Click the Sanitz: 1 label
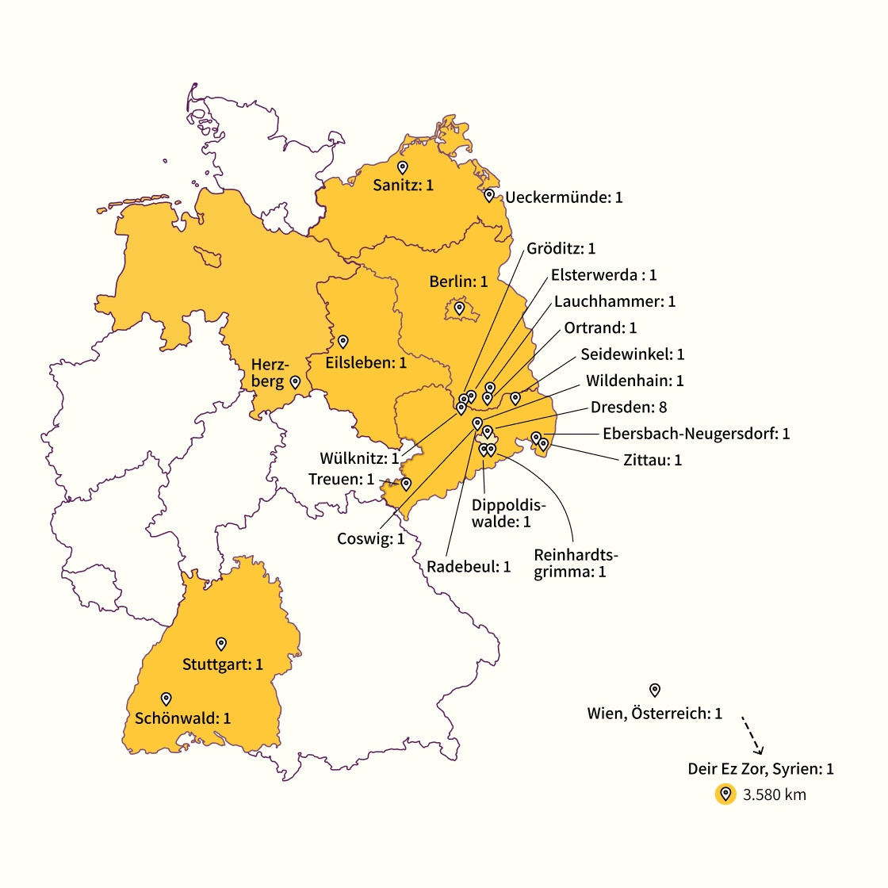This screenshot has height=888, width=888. (x=404, y=186)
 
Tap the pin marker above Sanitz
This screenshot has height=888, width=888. (x=402, y=167)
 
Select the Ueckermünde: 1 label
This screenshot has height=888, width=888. (x=564, y=197)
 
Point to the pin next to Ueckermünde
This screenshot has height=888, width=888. (x=489, y=195)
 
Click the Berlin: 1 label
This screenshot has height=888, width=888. (x=458, y=281)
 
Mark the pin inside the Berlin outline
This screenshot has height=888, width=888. (x=459, y=308)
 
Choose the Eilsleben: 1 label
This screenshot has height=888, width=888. (x=366, y=362)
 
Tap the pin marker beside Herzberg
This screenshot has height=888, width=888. (x=295, y=381)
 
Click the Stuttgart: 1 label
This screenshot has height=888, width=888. (x=223, y=664)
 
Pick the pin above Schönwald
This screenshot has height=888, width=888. (x=166, y=699)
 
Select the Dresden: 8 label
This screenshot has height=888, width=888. (x=629, y=407)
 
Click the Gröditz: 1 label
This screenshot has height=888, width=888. (x=561, y=249)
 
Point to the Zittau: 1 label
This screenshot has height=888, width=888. (x=653, y=460)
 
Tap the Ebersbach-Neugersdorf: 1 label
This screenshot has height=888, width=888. (x=696, y=434)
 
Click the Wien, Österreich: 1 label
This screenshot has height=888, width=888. (x=655, y=714)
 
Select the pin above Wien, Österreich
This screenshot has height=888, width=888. (x=655, y=690)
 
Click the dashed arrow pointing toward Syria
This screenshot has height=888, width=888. (x=752, y=735)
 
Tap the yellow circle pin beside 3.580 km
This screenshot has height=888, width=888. (x=725, y=794)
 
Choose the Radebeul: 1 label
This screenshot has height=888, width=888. (x=469, y=567)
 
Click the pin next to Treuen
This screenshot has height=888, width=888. (x=406, y=484)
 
